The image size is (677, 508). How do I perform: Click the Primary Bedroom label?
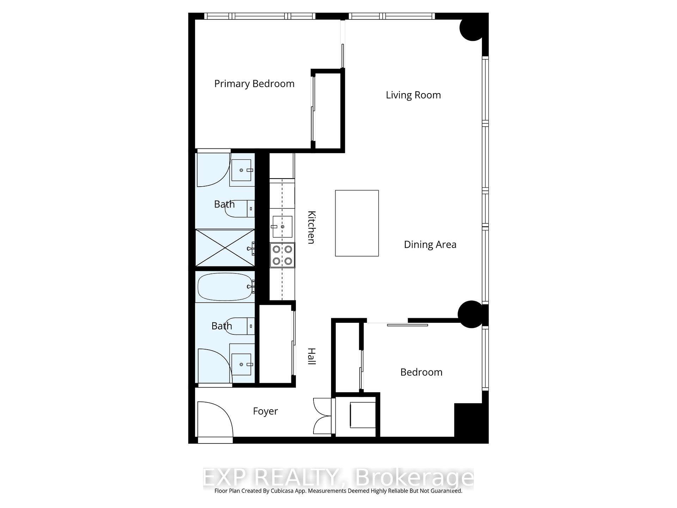[x=254, y=84]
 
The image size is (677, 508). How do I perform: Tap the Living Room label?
[x=413, y=95]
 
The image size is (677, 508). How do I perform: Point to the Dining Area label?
[x=430, y=245]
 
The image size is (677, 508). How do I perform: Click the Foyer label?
[x=265, y=411]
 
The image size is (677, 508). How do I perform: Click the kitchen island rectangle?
[x=356, y=223]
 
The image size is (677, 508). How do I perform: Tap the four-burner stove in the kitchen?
[x=282, y=255]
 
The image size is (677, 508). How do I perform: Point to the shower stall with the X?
[x=225, y=248]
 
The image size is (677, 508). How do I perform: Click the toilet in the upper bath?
[x=241, y=208]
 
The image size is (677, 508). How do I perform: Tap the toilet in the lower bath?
[x=241, y=326]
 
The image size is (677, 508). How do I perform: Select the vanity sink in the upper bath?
[x=242, y=170]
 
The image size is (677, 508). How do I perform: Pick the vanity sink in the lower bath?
[x=242, y=364]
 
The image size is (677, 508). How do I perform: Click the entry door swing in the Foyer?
[x=213, y=420]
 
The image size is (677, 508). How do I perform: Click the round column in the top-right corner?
[x=472, y=28]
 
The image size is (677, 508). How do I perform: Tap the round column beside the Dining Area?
[x=470, y=314]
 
